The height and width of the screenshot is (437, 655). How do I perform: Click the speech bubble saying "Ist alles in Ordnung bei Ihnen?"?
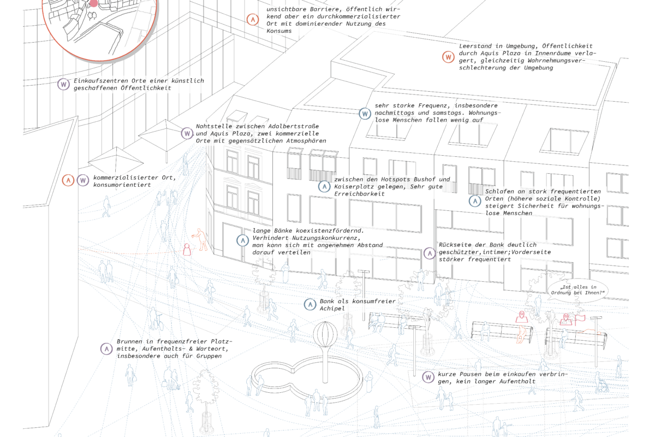click(x=577, y=291)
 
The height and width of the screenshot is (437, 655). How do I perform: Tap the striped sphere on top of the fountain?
click(x=325, y=334)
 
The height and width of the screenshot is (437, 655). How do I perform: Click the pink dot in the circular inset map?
click(x=93, y=3)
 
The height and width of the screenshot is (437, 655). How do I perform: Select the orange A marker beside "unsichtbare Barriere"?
click(x=253, y=20)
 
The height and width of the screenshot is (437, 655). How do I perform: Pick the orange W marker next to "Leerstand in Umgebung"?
click(x=448, y=57)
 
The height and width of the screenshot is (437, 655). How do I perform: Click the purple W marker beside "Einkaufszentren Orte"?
click(x=63, y=85)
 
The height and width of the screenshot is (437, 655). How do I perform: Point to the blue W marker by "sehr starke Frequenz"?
click(x=365, y=114)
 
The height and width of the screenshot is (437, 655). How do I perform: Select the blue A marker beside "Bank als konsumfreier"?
click(x=310, y=305)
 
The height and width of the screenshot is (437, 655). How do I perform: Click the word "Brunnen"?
click(x=129, y=341)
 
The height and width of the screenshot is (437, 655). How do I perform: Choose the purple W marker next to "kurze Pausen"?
click(x=428, y=377)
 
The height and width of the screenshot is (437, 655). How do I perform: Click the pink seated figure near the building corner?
click(x=187, y=250)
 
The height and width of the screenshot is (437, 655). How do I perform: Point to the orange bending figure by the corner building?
click(x=201, y=239)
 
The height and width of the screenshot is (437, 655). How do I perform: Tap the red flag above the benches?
click(x=580, y=320)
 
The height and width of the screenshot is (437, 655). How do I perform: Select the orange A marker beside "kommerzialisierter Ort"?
click(x=68, y=180)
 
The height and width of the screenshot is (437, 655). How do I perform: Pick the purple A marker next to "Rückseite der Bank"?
click(x=430, y=253)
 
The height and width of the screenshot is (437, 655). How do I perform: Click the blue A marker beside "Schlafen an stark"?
click(x=475, y=201)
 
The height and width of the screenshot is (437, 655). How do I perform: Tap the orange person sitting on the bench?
click(x=521, y=334)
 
